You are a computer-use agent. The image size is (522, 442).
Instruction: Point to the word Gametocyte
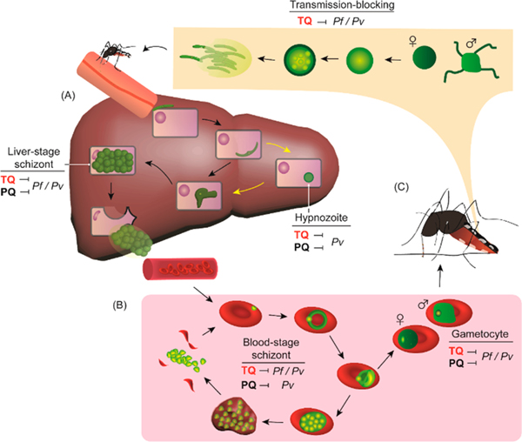(481, 333)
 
